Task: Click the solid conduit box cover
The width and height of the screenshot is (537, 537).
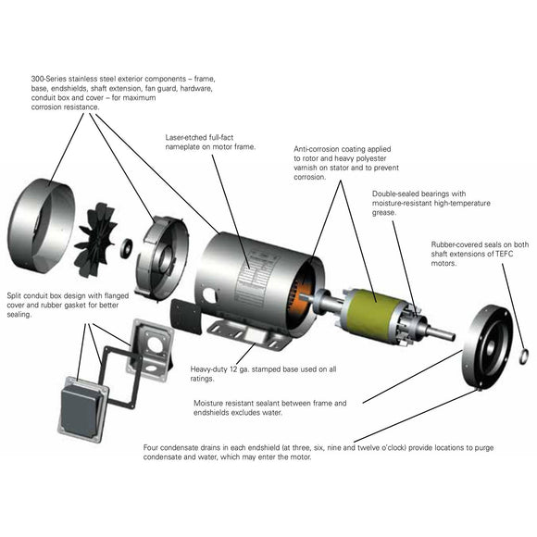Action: click(82, 406)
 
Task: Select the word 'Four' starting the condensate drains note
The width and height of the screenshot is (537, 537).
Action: click(152, 446)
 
